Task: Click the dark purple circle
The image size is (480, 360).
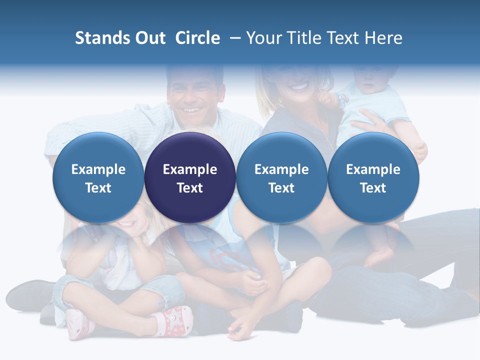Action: tap(190, 177)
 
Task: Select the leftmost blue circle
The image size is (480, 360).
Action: tap(98, 177)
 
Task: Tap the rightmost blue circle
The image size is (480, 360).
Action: tap(373, 177)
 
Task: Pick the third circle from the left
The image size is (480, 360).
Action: tap(281, 177)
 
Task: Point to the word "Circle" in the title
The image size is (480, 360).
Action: tap(197, 38)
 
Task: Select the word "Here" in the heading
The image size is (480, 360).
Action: tap(383, 38)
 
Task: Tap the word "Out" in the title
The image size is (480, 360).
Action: tap(148, 38)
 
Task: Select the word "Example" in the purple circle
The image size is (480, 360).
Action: tap(190, 169)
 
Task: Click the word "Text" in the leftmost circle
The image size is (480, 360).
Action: tap(98, 188)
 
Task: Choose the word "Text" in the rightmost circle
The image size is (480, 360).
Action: tap(373, 188)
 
